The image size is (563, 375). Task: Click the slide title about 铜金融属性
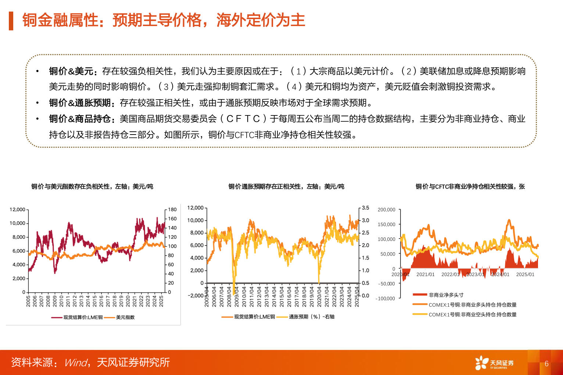click(x=164, y=20)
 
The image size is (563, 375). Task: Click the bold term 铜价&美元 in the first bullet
click(x=71, y=71)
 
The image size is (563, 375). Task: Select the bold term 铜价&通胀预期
click(x=80, y=103)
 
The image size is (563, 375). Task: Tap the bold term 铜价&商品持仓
click(x=80, y=119)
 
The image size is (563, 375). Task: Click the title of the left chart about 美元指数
click(x=92, y=186)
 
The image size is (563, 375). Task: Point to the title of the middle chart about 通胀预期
click(x=286, y=186)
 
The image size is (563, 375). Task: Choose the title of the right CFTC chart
click(x=470, y=186)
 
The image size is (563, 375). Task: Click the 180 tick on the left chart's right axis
click(x=172, y=210)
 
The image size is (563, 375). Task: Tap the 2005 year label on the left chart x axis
click(x=28, y=301)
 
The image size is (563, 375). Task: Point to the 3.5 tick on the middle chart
click(x=365, y=208)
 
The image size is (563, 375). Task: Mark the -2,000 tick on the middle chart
click(x=196, y=296)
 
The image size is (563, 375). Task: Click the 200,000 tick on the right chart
click(x=386, y=210)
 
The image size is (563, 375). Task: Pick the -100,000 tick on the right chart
click(x=385, y=299)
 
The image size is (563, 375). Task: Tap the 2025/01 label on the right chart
click(x=525, y=274)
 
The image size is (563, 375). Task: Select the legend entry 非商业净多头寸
click(x=446, y=295)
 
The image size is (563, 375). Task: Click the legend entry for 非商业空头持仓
click(x=472, y=314)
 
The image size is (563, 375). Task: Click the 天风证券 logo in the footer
click(x=494, y=363)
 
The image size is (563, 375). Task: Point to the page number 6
click(x=546, y=364)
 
